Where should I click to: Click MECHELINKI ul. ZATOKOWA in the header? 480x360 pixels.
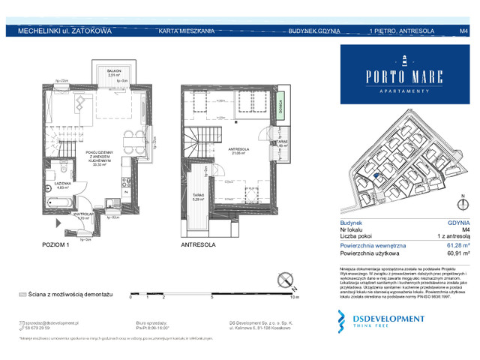coord(60,31)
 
